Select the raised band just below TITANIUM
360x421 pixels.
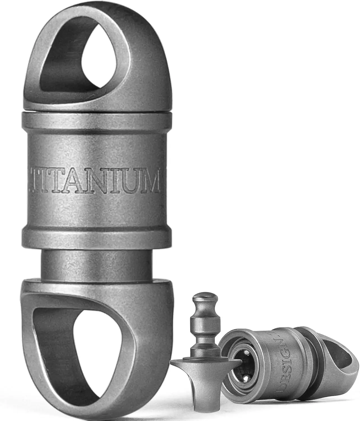point(97,234)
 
